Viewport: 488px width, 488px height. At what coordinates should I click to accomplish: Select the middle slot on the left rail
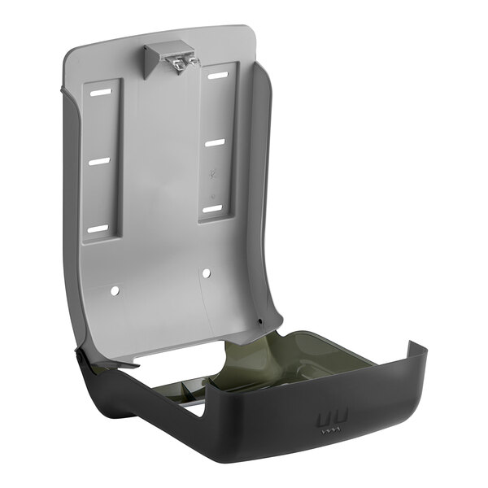[99, 162]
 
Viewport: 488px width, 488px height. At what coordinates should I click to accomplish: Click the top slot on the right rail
[217, 76]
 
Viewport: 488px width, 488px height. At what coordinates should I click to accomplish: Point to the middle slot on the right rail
[214, 143]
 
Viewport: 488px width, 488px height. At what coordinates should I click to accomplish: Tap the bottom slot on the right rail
[212, 210]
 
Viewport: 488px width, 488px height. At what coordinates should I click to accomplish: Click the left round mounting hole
[115, 289]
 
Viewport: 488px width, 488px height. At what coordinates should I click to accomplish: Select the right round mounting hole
[205, 272]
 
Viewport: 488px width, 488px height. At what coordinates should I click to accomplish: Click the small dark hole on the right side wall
[259, 324]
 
